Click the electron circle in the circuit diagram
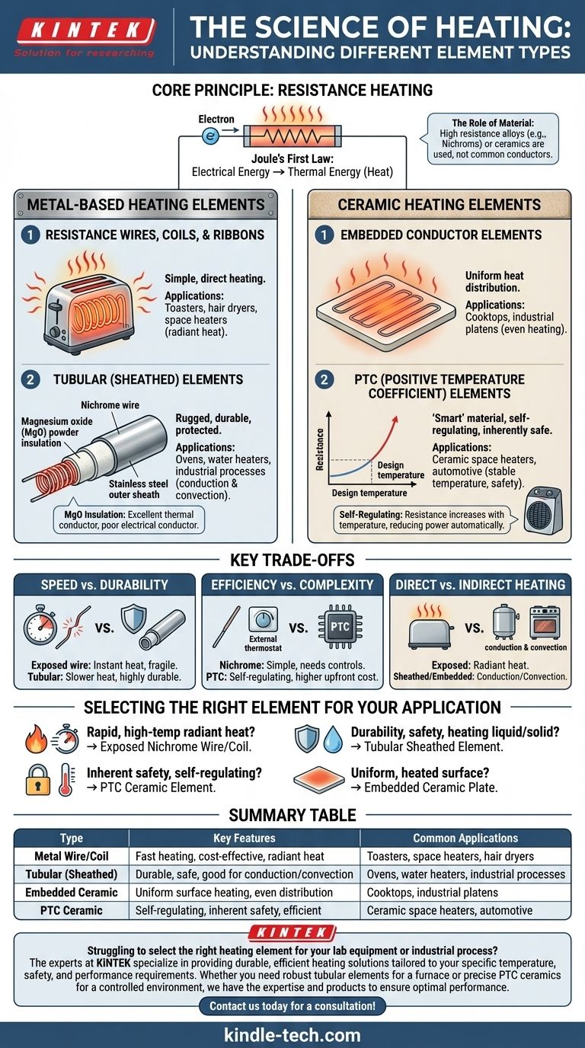[x=210, y=136]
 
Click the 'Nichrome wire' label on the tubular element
[x=110, y=405]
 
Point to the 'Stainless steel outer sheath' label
[x=138, y=490]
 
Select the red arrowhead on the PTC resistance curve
[x=395, y=420]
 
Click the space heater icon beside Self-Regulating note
[x=543, y=510]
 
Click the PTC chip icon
[x=340, y=627]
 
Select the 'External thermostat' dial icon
[x=263, y=620]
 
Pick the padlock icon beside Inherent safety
[x=38, y=779]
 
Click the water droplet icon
[x=333, y=740]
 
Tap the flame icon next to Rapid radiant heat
[x=36, y=739]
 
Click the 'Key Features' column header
[x=245, y=838]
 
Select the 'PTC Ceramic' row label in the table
[x=71, y=910]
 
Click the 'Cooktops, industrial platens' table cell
[x=432, y=893]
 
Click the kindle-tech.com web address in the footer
[x=292, y=1035]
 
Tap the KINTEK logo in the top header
[x=85, y=37]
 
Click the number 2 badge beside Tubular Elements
[x=30, y=379]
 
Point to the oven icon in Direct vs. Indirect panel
[x=545, y=622]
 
